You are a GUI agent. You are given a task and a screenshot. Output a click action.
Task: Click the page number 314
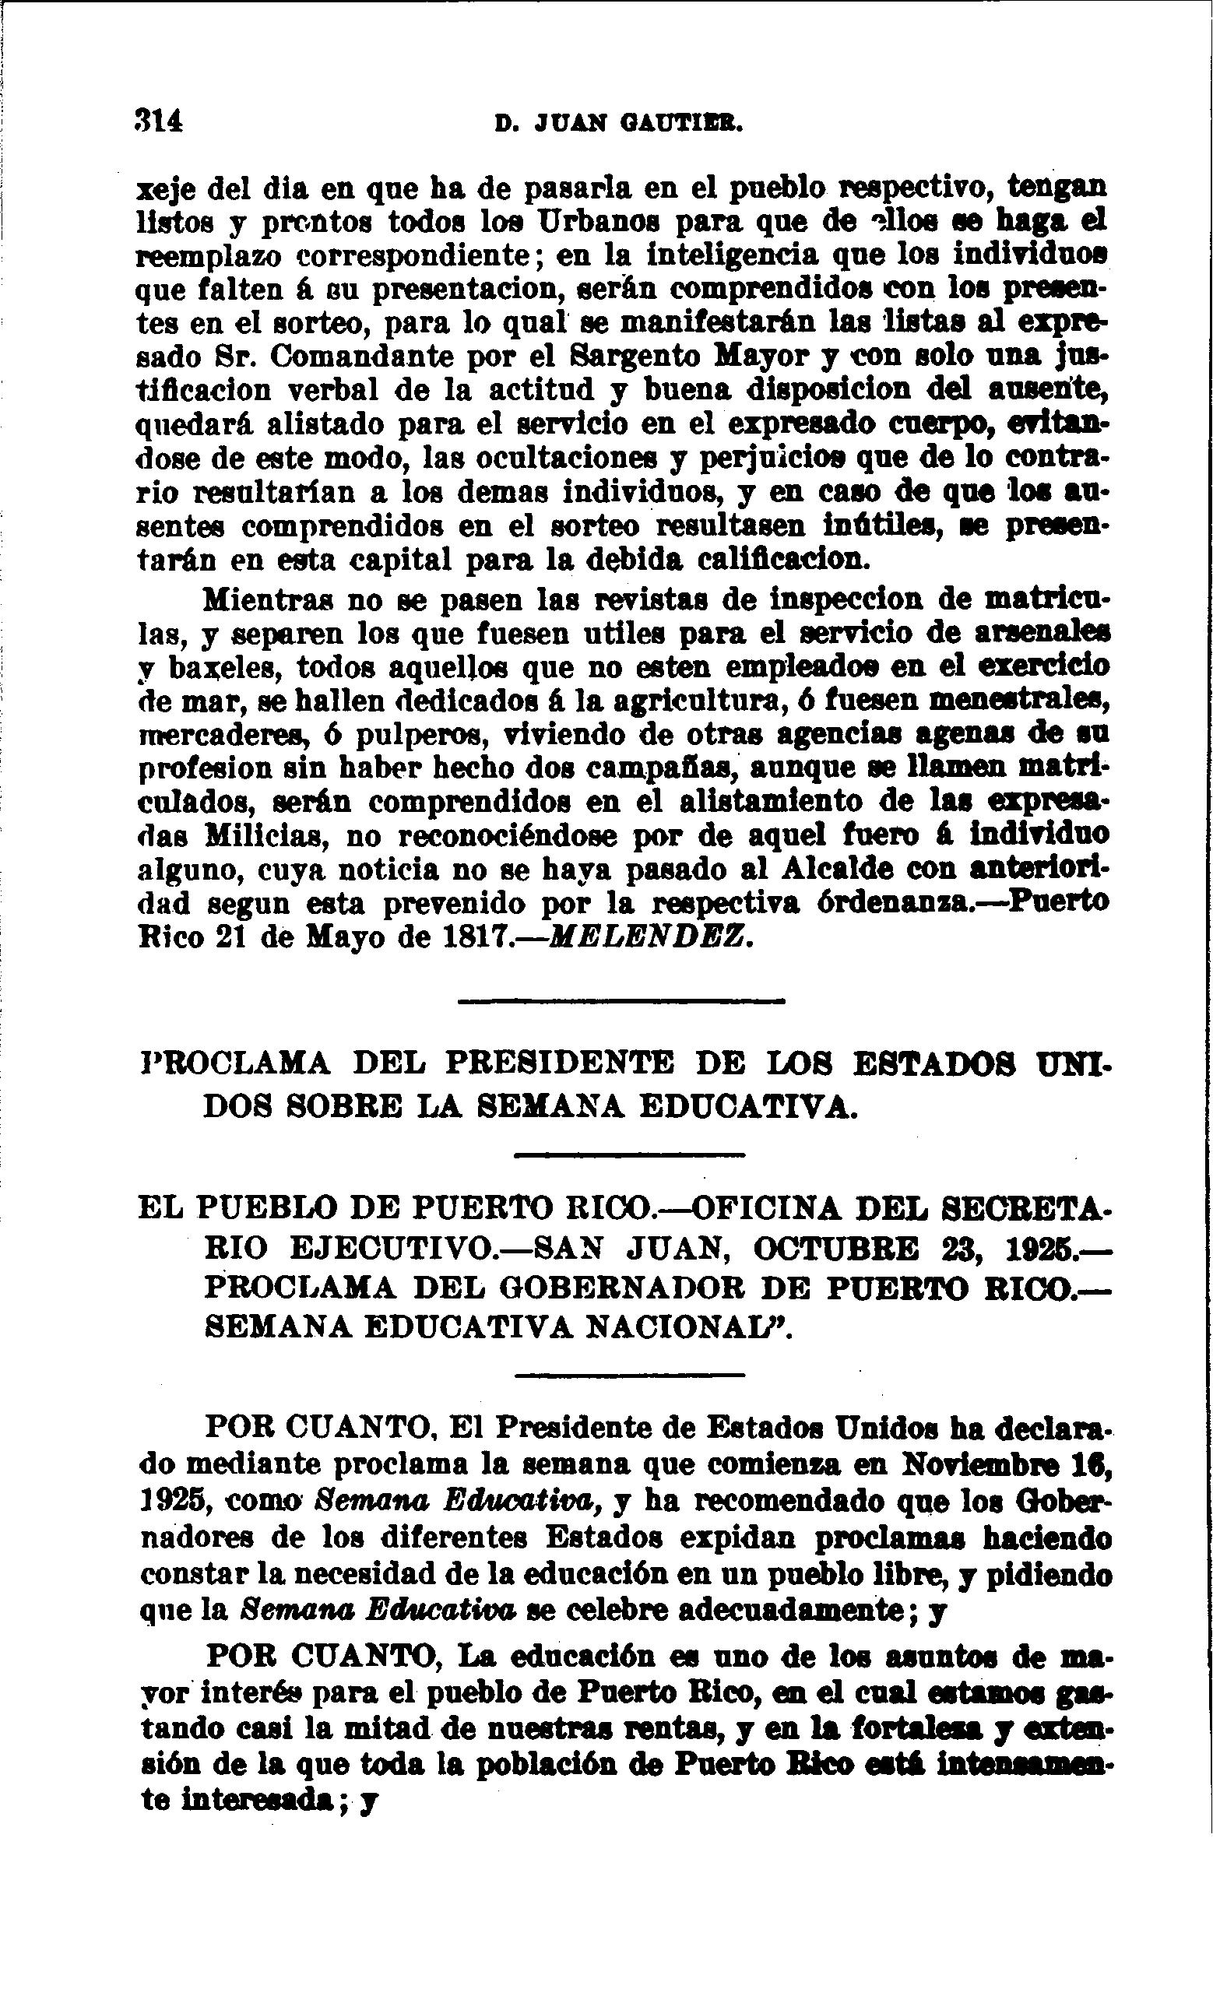click(160, 121)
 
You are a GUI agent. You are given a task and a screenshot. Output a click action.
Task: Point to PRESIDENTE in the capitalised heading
click(560, 1063)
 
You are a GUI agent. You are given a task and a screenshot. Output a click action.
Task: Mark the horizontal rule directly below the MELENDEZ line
click(621, 1002)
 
